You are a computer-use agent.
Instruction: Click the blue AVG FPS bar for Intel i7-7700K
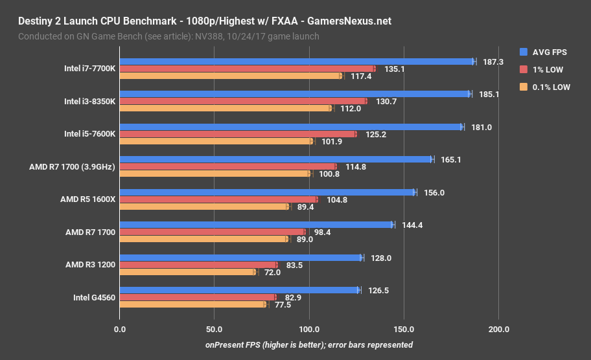(296, 62)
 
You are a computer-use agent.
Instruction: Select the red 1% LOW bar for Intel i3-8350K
(243, 101)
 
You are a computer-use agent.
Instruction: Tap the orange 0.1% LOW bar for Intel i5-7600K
(216, 141)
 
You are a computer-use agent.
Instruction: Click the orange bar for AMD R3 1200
(187, 272)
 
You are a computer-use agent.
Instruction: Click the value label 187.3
(493, 62)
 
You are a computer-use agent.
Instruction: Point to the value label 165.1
(451, 159)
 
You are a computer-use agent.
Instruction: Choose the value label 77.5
(283, 304)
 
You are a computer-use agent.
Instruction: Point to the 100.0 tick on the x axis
(309, 330)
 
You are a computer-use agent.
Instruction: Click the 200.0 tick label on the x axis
(498, 330)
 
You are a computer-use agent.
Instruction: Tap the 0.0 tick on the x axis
(119, 330)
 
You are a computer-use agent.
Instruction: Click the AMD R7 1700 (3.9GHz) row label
(72, 166)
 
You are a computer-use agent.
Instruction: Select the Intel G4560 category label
(90, 297)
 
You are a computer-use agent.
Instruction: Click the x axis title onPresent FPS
(309, 344)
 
